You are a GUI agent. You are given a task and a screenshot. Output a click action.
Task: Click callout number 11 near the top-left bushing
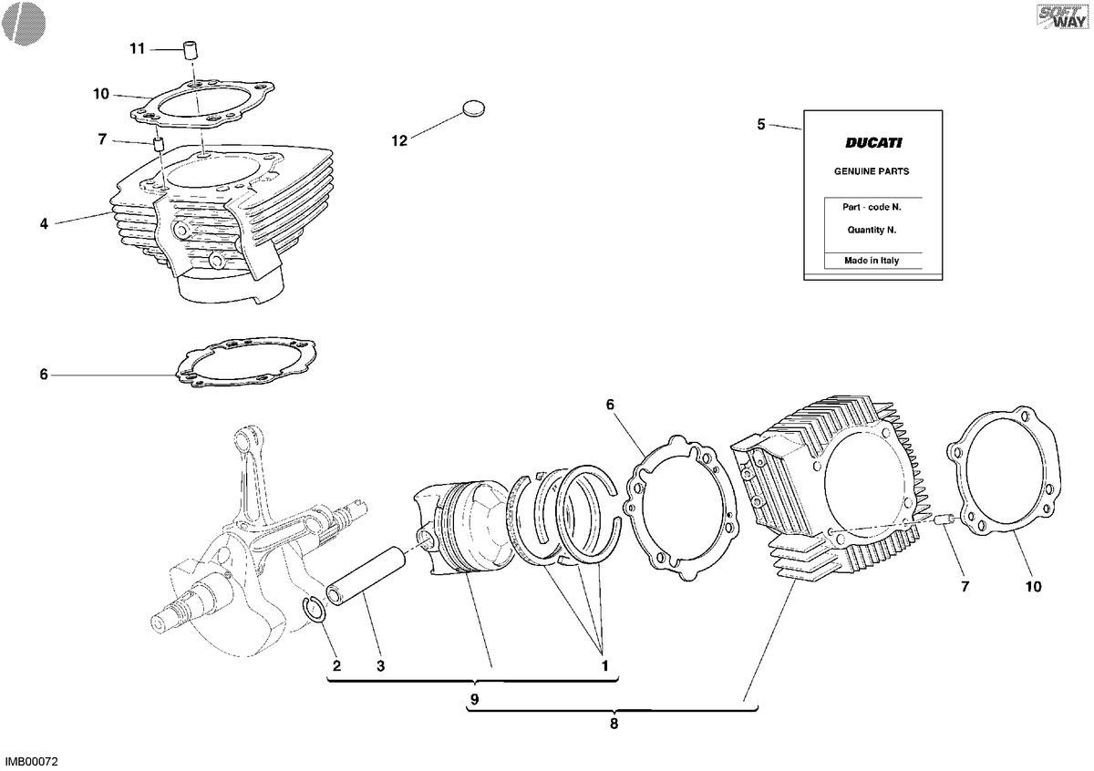pyautogui.click(x=138, y=49)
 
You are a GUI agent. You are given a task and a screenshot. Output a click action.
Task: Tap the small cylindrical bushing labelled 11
pyautogui.click(x=192, y=50)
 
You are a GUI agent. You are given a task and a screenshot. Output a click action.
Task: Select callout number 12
pyautogui.click(x=399, y=141)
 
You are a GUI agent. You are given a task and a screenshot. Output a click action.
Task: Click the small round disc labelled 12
pyautogui.click(x=473, y=108)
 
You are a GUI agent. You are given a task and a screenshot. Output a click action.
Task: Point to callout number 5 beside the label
pyautogui.click(x=761, y=125)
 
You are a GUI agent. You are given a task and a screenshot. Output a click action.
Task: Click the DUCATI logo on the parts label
pyautogui.click(x=873, y=142)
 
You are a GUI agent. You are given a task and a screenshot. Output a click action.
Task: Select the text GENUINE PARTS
pyautogui.click(x=872, y=171)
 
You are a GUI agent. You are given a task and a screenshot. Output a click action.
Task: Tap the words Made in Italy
pyautogui.click(x=872, y=261)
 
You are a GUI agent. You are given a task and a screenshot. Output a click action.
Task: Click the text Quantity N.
pyautogui.click(x=872, y=230)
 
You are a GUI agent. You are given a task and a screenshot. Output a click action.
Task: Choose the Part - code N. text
pyautogui.click(x=872, y=207)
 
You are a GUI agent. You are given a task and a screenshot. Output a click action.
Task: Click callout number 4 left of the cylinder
pyautogui.click(x=44, y=224)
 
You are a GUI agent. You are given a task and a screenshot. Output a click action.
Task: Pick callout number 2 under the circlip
pyautogui.click(x=336, y=665)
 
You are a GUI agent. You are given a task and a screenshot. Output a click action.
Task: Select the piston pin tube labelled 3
pyautogui.click(x=366, y=576)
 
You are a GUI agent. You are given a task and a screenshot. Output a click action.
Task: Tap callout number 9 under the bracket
pyautogui.click(x=474, y=700)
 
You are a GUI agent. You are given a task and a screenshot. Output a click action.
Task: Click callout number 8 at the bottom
pyautogui.click(x=614, y=724)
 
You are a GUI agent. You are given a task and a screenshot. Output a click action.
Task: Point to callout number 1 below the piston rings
pyautogui.click(x=604, y=665)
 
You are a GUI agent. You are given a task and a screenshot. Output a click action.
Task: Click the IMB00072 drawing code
pyautogui.click(x=31, y=762)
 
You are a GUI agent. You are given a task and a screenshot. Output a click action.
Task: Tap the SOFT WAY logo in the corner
pyautogui.click(x=1063, y=17)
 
